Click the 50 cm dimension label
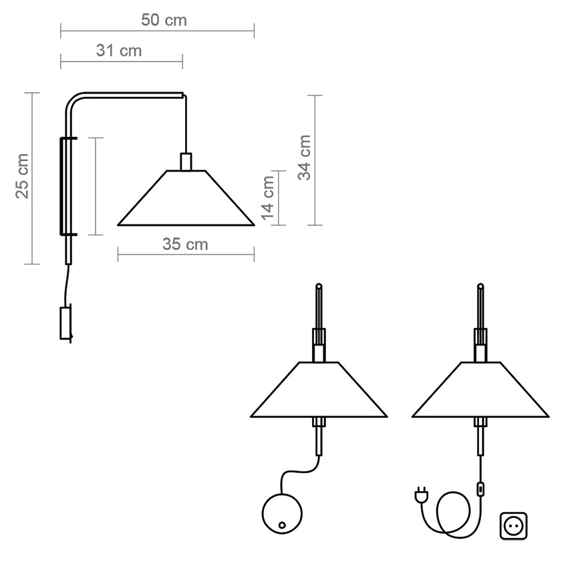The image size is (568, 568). click(x=164, y=20)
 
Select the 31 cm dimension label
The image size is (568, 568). click(x=119, y=51)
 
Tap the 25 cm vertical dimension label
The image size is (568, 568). click(x=22, y=176)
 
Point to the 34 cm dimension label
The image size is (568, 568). click(x=304, y=157)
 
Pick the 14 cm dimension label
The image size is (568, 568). click(x=268, y=198)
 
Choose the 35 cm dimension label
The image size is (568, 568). click(x=185, y=244)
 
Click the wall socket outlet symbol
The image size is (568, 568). click(x=514, y=526)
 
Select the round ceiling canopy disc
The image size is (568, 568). click(x=282, y=513)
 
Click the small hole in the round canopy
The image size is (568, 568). click(x=282, y=525)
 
